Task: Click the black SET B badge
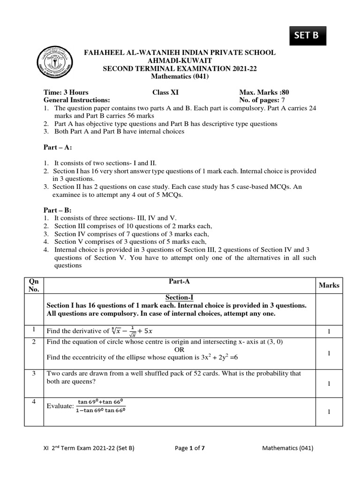click(x=306, y=36)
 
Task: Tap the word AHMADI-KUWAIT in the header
click(x=180, y=61)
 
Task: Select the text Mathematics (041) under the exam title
click(x=180, y=76)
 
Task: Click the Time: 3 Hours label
click(x=66, y=92)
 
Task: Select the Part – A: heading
click(x=58, y=148)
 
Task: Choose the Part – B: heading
click(x=58, y=210)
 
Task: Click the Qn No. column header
click(x=34, y=285)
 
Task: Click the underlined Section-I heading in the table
click(x=180, y=297)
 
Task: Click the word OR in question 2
click(x=180, y=350)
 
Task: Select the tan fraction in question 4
click(x=100, y=406)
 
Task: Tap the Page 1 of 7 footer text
click(x=189, y=448)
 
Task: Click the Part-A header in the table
click(x=180, y=281)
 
